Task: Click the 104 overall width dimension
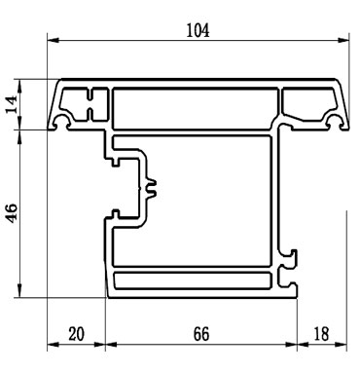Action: [x=198, y=29]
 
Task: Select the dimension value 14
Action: [x=13, y=104]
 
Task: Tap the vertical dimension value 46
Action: [x=13, y=214]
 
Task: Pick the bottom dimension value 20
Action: [x=76, y=334]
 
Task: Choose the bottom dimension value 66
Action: [x=199, y=334]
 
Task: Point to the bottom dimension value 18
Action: [x=321, y=334]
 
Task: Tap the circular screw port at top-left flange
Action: [x=64, y=123]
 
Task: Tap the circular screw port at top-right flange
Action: [x=336, y=123]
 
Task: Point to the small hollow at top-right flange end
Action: [x=309, y=103]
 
